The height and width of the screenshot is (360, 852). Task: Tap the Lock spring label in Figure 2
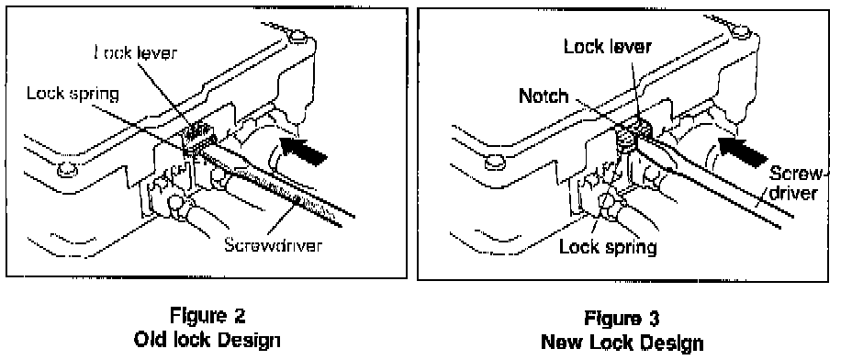(x=73, y=95)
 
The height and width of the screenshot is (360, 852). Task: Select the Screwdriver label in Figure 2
(x=274, y=244)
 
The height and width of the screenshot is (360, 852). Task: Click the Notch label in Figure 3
(x=544, y=96)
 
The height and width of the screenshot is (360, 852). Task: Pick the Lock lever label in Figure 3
(x=608, y=47)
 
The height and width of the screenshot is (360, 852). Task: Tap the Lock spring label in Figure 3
(x=608, y=247)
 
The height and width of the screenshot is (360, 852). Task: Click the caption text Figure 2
(x=207, y=315)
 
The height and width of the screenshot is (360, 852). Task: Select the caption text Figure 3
(x=622, y=318)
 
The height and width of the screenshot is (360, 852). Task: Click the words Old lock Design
(x=207, y=341)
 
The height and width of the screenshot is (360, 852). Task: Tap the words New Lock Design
(x=622, y=343)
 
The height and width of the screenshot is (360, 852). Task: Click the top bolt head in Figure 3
(x=742, y=33)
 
